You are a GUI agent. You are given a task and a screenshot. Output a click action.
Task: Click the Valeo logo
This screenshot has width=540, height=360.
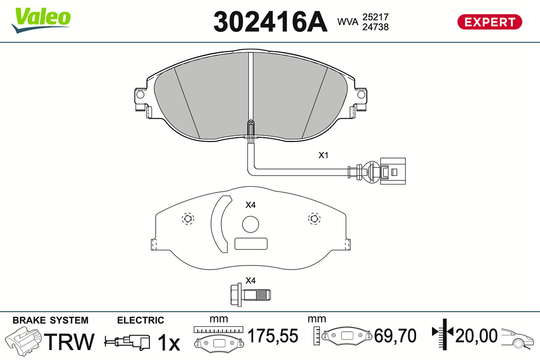coord(41,20)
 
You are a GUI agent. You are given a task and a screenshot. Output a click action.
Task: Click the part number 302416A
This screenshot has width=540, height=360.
coord(270,22)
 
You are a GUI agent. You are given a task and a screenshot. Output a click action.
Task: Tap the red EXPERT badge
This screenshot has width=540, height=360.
coord(490,22)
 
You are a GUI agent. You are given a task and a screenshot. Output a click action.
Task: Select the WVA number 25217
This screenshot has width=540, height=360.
coord(376,17)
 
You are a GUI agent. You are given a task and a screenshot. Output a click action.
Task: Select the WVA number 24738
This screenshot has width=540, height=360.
coord(376,27)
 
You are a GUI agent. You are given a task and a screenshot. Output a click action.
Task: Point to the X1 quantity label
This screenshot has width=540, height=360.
coord(323,155)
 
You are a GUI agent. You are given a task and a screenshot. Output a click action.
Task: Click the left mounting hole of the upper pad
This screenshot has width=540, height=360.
coord(140,94)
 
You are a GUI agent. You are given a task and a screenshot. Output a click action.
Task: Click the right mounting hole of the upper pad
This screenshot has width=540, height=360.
coord(361,94)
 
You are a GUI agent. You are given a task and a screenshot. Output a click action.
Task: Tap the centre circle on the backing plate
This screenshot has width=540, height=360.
coord(251,224)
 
